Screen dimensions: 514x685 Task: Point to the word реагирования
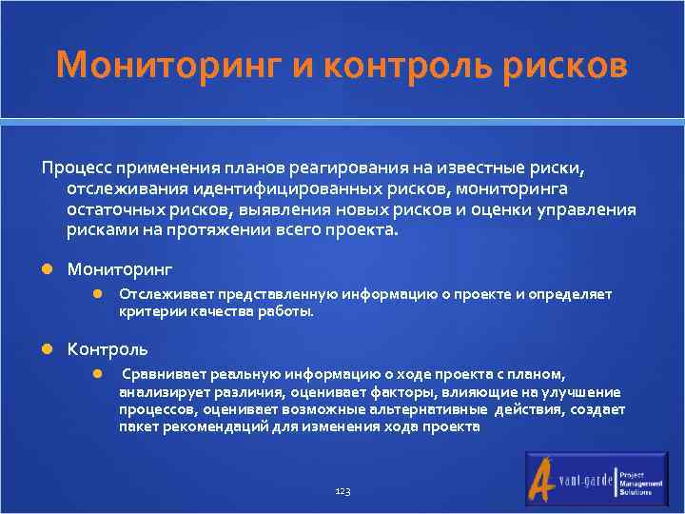pyautogui.click(x=360, y=168)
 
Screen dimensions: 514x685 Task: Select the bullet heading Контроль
pyautogui.click(x=107, y=349)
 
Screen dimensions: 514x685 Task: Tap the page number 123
pyautogui.click(x=342, y=491)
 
